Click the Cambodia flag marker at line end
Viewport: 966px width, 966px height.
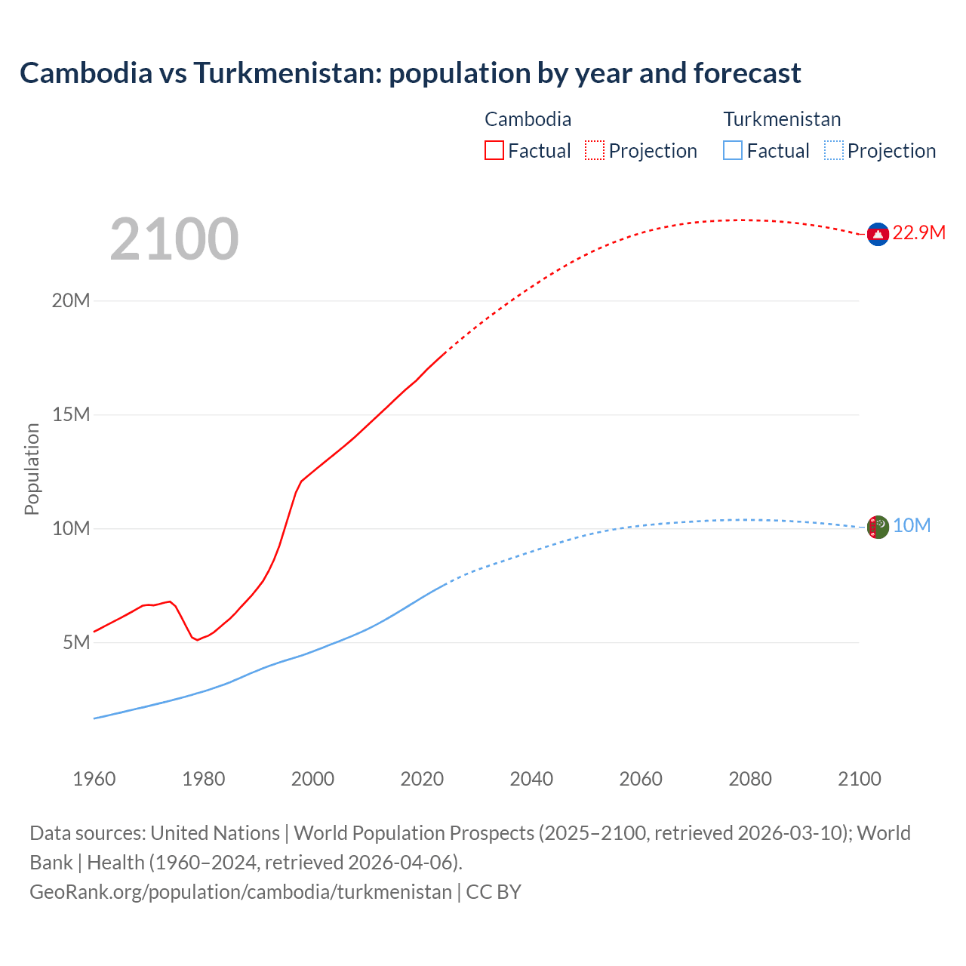tap(878, 235)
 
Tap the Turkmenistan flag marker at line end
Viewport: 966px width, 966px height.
tap(878, 527)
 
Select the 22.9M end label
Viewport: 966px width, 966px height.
tap(918, 232)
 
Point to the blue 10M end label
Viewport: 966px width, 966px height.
tap(912, 525)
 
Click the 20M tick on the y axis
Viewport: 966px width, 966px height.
tap(71, 300)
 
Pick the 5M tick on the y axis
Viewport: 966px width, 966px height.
tap(76, 642)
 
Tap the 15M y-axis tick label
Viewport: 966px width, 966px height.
tap(71, 414)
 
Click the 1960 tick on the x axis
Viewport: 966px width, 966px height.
tap(94, 779)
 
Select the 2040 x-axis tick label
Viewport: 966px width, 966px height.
tap(531, 779)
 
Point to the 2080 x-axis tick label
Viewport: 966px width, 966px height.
tap(750, 779)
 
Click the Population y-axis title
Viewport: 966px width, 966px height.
tap(32, 469)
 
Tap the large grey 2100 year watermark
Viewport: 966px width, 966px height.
tap(174, 239)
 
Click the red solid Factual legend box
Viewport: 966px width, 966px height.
tap(494, 150)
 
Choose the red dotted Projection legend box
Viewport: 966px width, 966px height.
tap(594, 150)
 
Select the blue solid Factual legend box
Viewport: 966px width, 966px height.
tap(733, 150)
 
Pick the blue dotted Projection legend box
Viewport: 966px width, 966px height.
tap(833, 150)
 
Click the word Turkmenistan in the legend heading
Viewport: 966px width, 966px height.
tap(782, 119)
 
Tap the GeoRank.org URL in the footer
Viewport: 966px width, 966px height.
tap(240, 891)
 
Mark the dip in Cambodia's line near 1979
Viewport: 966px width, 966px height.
tap(197, 640)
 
